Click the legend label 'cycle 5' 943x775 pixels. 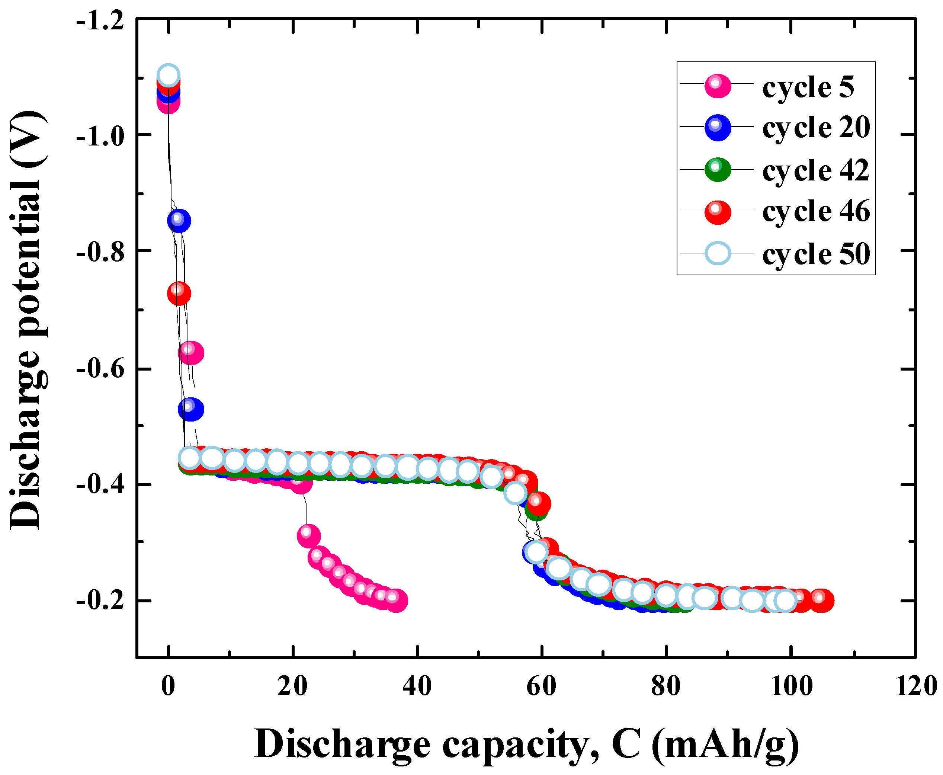[x=808, y=87]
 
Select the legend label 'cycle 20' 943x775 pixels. [x=816, y=127]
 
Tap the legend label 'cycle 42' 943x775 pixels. [x=816, y=170]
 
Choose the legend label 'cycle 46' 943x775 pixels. [x=816, y=211]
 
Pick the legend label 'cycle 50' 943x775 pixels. [x=816, y=254]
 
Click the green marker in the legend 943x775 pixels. [x=718, y=170]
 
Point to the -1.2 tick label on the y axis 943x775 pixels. [x=100, y=22]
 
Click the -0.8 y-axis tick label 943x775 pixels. [x=100, y=252]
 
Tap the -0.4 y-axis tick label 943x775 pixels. [x=100, y=484]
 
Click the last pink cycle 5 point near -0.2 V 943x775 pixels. [x=396, y=601]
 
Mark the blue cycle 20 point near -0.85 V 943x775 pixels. [x=179, y=221]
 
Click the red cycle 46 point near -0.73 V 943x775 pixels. [x=179, y=293]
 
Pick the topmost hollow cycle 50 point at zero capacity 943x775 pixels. [x=168, y=76]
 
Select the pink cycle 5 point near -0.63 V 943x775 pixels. [x=190, y=353]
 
